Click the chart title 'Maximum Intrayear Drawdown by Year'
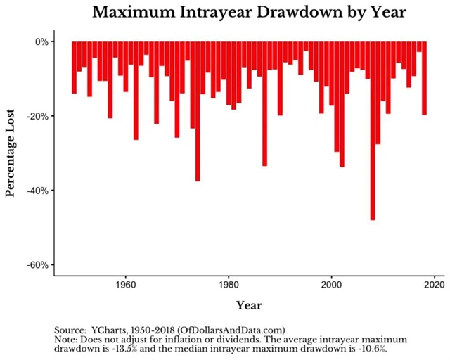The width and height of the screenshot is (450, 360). tap(243, 13)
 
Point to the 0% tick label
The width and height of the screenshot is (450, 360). tap(41, 41)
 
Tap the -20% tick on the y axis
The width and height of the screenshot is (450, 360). tap(38, 116)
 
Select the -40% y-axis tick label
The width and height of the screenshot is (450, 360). tap(38, 191)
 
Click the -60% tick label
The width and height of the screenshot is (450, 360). tap(38, 265)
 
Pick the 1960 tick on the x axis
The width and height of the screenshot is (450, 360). tap(125, 285)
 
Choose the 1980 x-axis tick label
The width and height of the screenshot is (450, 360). tap(228, 285)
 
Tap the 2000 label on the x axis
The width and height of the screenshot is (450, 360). tap(331, 285)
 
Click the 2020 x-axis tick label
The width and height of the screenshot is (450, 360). tap(434, 285)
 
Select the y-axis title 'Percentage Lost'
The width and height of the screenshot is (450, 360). tap(11, 153)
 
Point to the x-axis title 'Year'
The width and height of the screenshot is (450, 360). tap(249, 305)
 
